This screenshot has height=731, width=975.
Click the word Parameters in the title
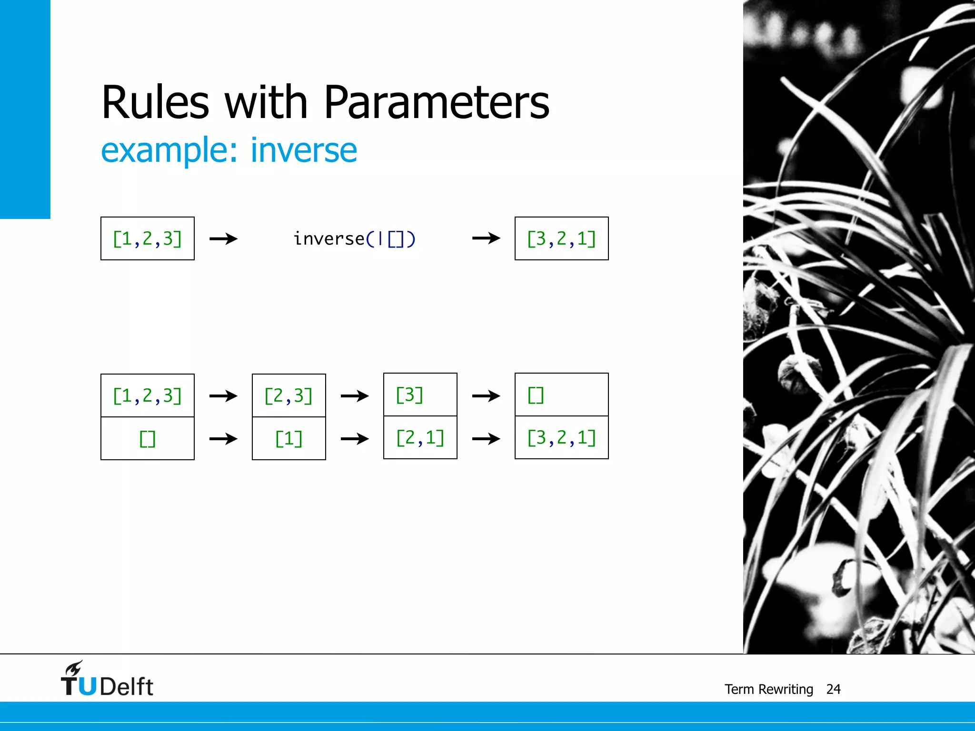coord(436,102)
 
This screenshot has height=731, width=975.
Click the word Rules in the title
coord(155,102)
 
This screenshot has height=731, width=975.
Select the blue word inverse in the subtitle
coord(304,150)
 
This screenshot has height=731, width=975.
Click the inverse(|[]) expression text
coord(354,239)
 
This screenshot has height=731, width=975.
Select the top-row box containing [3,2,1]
coord(561,238)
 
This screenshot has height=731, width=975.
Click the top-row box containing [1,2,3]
coord(148,238)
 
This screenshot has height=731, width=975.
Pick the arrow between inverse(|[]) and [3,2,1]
coord(486,238)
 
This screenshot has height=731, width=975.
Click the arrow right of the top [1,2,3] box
coord(223,238)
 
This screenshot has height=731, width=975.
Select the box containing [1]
coord(289,438)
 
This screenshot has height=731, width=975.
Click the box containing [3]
coord(420,395)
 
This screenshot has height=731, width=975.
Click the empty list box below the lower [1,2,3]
coord(148,438)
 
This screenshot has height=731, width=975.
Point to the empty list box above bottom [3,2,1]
coord(561,395)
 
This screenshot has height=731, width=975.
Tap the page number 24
coord(833,689)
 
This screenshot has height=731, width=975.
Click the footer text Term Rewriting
coord(768,689)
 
